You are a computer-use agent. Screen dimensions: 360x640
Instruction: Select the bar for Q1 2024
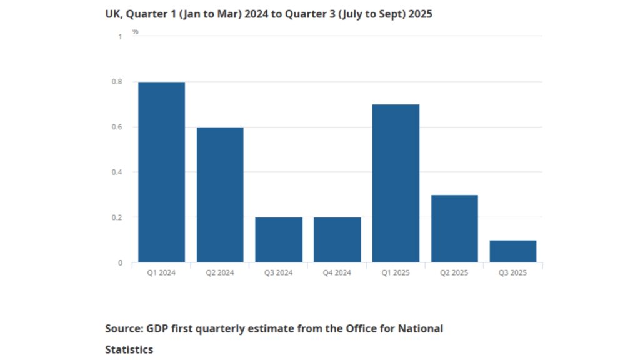pos(161,172)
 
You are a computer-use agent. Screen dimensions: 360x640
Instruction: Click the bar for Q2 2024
pos(220,194)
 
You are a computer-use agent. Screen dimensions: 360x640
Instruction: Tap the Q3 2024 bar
pos(279,239)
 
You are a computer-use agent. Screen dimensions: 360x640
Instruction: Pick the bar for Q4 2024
pos(337,239)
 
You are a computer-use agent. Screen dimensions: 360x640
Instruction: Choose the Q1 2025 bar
pos(396,183)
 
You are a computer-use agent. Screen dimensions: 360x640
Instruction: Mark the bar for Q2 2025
pos(454,228)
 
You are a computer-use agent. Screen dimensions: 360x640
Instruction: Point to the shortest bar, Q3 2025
pos(512,251)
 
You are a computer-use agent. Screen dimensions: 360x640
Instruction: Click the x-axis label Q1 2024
pos(161,272)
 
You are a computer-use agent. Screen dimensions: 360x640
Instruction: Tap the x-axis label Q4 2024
pos(337,272)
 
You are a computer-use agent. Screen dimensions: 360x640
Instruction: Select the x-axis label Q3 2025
pos(512,272)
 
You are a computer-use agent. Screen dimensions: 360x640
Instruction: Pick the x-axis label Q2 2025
pos(454,272)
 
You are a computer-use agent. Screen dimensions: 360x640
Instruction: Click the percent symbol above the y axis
pos(135,31)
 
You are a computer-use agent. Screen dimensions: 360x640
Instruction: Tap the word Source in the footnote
pos(124,328)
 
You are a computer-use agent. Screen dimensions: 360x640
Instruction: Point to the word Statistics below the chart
pos(129,349)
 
